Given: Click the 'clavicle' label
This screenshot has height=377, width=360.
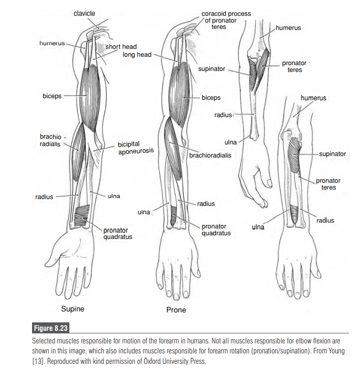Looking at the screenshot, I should (84, 13).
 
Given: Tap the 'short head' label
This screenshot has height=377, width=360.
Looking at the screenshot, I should (121, 47).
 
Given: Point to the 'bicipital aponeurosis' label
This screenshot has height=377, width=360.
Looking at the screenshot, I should (135, 147).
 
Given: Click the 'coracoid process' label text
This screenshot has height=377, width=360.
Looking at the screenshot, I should (226, 14).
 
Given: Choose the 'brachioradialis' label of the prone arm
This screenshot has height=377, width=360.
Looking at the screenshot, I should (210, 155).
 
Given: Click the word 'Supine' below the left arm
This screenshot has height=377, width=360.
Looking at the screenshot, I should (73, 308).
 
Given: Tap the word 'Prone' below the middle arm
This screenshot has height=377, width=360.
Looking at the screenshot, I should (176, 310).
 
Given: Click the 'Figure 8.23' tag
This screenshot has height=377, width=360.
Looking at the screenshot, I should (51, 329).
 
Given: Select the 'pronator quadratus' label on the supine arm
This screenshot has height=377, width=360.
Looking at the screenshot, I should (117, 233).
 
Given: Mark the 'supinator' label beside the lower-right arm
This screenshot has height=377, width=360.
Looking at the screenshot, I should (333, 154).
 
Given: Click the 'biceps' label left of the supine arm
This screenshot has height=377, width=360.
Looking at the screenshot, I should (52, 97).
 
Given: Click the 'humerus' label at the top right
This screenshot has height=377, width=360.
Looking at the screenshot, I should (288, 27).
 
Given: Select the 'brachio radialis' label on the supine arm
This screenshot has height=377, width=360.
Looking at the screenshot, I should (50, 140).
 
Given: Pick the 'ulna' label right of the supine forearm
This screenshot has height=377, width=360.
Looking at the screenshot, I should (114, 196).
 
